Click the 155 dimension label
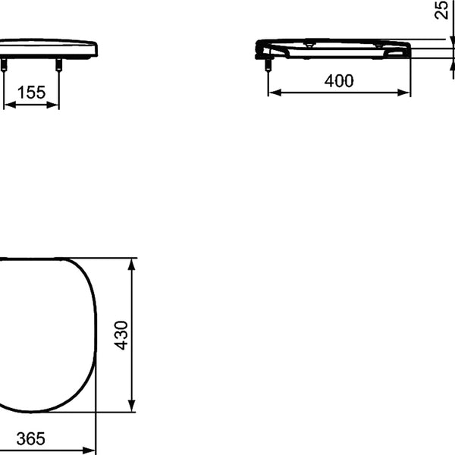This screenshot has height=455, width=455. pyautogui.click(x=31, y=93)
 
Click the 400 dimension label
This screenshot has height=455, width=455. pyautogui.click(x=339, y=80)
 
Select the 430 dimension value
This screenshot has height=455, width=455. pyautogui.click(x=121, y=335)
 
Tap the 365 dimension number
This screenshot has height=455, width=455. pyautogui.click(x=31, y=438)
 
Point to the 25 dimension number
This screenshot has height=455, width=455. pyautogui.click(x=441, y=10)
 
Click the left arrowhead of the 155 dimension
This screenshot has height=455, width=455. pyautogui.click(x=10, y=105)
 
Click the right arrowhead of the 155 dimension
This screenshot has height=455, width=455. pyautogui.click(x=52, y=105)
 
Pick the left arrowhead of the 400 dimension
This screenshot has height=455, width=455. pyautogui.click(x=275, y=93)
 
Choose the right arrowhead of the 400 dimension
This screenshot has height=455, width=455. pyautogui.click(x=403, y=93)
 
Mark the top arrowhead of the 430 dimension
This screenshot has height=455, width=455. pyautogui.click(x=132, y=265)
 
